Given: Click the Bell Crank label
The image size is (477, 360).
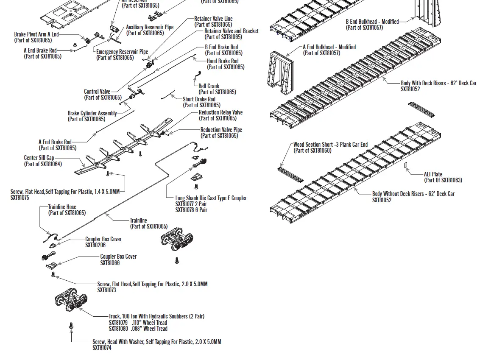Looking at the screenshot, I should [x=209, y=86].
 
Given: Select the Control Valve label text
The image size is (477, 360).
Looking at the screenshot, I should [x=97, y=92].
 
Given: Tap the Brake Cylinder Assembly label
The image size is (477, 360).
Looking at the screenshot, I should [x=92, y=113].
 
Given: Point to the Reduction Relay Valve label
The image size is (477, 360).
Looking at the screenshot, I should [x=220, y=113].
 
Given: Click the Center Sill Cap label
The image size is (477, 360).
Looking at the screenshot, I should [x=39, y=158].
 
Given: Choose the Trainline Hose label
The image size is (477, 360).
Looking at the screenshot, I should [x=62, y=207].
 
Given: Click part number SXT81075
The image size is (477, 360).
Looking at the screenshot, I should [x=20, y=198].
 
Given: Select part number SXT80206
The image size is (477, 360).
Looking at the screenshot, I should [x=95, y=245].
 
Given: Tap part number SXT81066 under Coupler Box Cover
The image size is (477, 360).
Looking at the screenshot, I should [x=110, y=263].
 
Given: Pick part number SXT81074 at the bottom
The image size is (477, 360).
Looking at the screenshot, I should [x=102, y=348].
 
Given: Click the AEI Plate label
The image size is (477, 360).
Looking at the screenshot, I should [x=433, y=174].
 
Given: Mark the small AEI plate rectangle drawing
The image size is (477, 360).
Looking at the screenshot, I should [x=405, y=165].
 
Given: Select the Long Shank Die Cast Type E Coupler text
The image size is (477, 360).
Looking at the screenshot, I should [x=211, y=198].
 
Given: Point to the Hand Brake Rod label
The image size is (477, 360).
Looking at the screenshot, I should [x=223, y=61].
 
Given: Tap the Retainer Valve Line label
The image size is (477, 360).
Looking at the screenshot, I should [x=213, y=19].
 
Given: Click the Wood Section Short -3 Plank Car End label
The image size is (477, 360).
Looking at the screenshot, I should [x=330, y=145].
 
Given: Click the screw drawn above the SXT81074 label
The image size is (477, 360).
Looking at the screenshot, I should [x=71, y=326].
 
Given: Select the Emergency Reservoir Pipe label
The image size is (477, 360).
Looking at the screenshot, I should [x=122, y=52].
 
